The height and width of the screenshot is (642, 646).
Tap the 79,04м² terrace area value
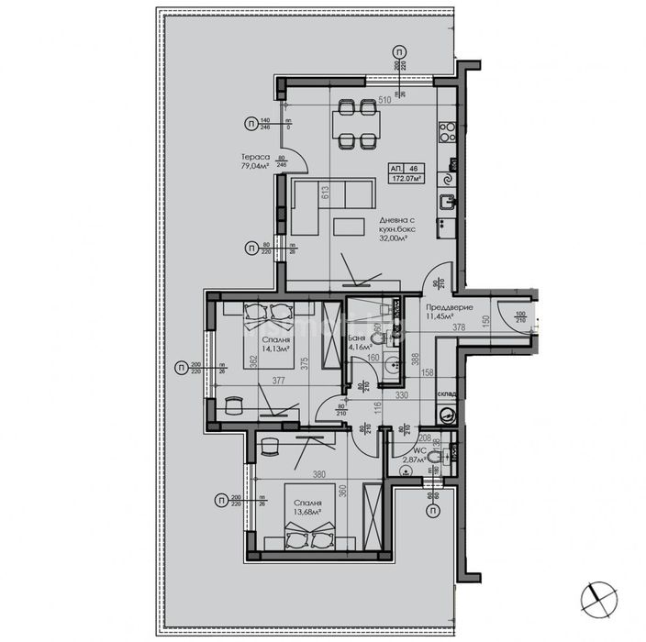point(256,168)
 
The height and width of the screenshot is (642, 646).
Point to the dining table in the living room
point(355,124)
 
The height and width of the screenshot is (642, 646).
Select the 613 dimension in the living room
point(324,194)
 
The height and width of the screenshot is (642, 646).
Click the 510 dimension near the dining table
point(384,101)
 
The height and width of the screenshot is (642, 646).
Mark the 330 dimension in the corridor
point(401,395)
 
